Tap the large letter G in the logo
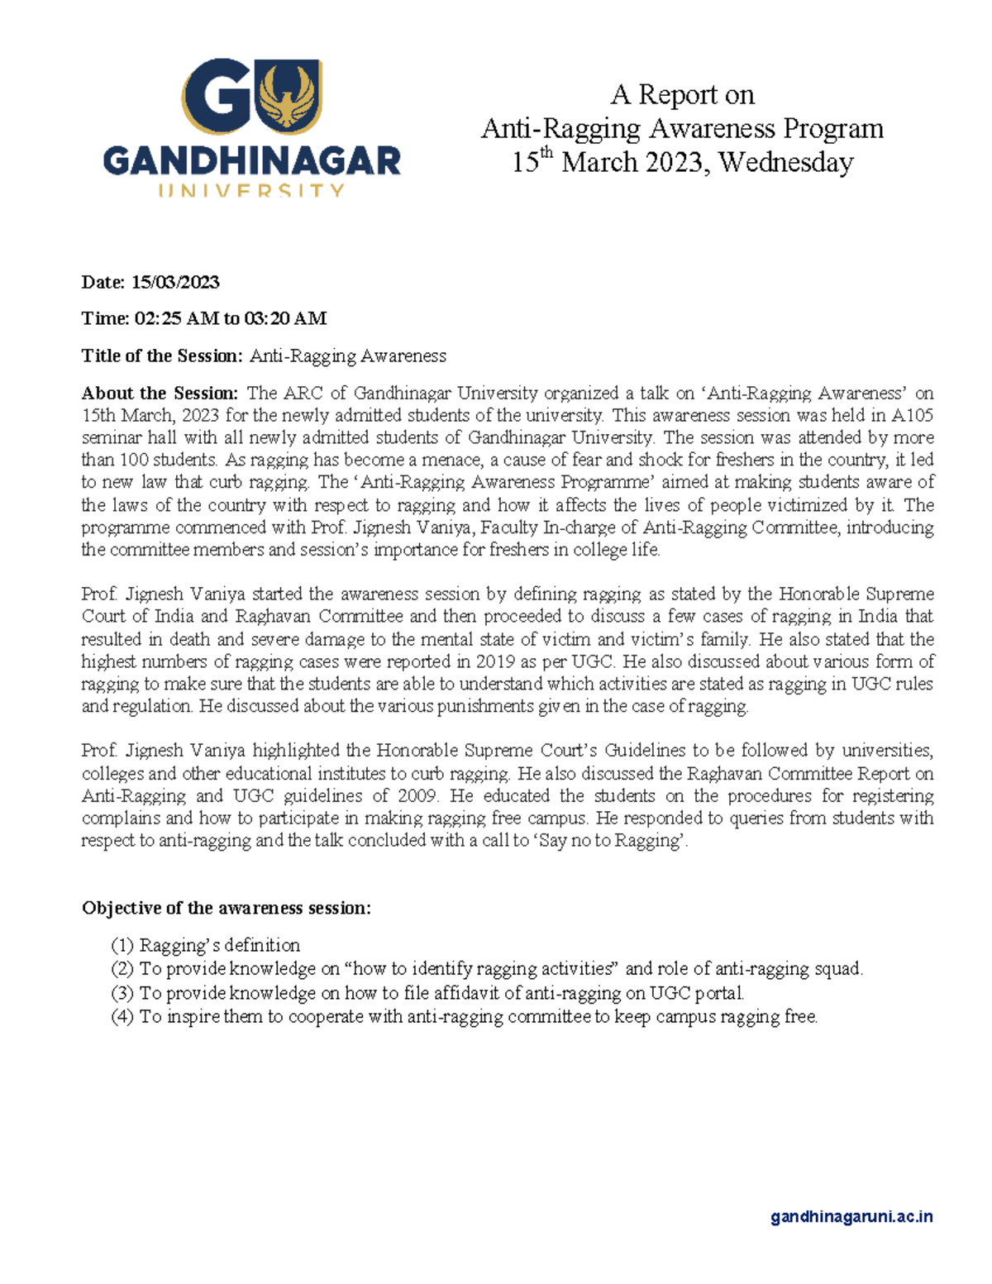click(x=217, y=98)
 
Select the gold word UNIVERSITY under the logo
click(x=250, y=191)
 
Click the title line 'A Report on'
click(x=682, y=95)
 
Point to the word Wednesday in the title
click(x=785, y=162)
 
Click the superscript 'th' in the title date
click(x=546, y=154)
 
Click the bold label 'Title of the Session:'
click(x=162, y=356)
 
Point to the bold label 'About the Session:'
click(x=160, y=393)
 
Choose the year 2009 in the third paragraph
click(x=413, y=796)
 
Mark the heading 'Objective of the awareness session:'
click(x=226, y=908)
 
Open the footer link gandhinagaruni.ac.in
click(x=851, y=1216)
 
